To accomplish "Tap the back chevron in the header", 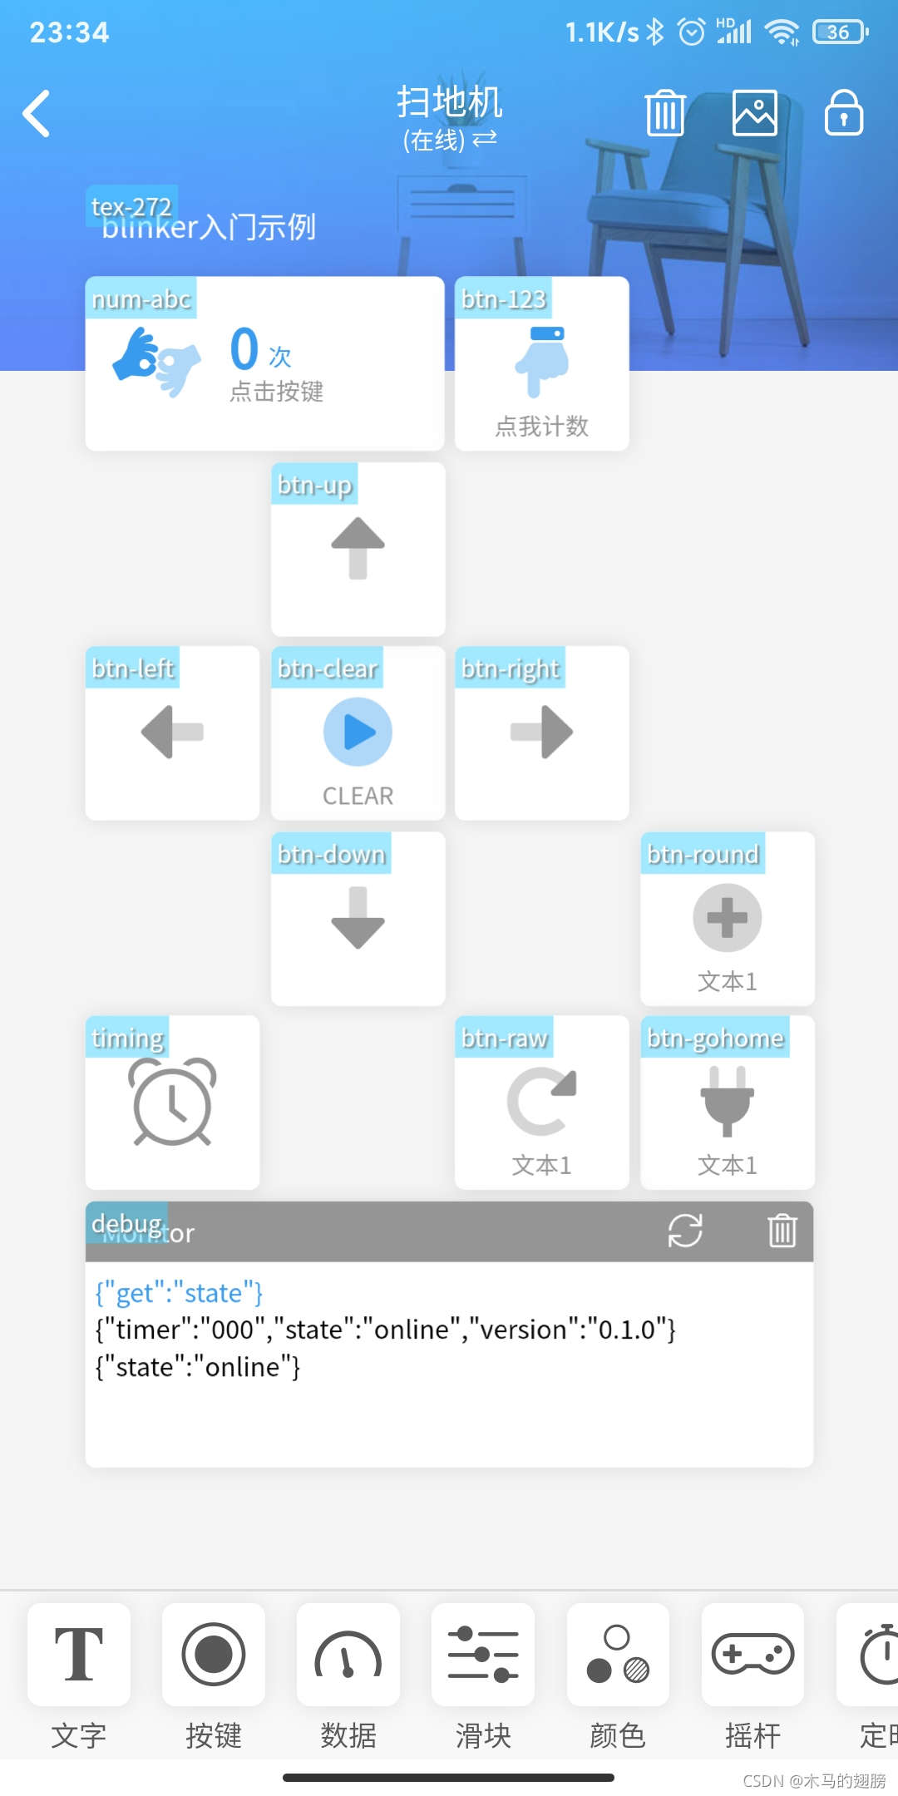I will [37, 113].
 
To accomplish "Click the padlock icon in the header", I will [843, 113].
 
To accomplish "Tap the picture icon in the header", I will [754, 113].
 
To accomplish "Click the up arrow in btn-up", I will [358, 547].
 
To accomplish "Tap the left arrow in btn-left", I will [173, 732].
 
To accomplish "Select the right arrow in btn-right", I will [542, 732].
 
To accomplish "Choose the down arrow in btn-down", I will [358, 917].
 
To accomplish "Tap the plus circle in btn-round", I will [727, 917].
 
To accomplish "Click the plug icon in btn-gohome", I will [727, 1100].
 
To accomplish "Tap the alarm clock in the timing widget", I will [173, 1102].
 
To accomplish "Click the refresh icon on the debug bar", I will [685, 1231].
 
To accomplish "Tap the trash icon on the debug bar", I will [782, 1231].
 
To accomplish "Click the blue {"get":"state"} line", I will [179, 1293].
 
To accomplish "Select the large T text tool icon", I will [79, 1654].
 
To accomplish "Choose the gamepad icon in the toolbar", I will [752, 1654].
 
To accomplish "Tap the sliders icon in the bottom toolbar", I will [483, 1654].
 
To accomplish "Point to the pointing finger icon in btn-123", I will [542, 361].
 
